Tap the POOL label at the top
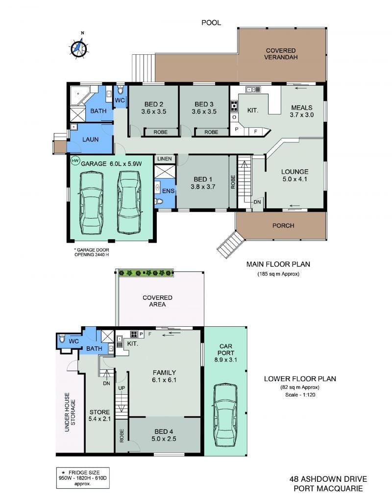click(211, 23)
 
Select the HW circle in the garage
click(75, 161)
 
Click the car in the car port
click(225, 415)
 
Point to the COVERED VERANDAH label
click(281, 54)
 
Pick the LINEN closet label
click(165, 159)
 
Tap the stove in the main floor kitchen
click(234, 106)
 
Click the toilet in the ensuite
click(158, 202)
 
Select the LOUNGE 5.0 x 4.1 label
click(294, 175)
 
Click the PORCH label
click(283, 225)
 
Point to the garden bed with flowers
click(146, 272)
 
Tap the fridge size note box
click(83, 478)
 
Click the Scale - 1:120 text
click(300, 395)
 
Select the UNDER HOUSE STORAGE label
click(70, 412)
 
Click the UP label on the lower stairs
click(122, 388)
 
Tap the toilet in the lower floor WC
click(62, 338)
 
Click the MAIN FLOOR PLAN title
click(278, 264)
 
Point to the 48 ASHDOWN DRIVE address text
click(328, 479)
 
